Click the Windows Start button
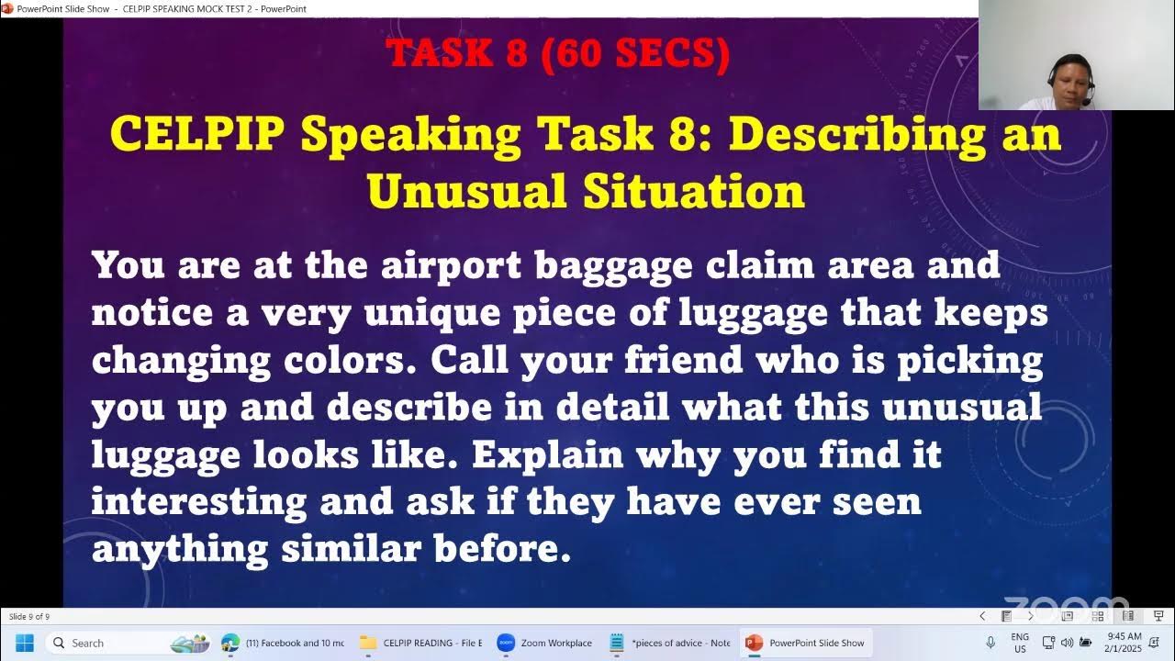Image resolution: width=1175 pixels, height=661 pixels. (25, 643)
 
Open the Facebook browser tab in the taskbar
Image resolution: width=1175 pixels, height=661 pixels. (284, 643)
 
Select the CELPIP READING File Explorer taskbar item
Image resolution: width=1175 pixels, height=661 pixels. (421, 643)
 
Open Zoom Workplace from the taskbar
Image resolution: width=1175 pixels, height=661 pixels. (545, 643)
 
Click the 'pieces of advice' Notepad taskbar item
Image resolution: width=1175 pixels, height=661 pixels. (671, 643)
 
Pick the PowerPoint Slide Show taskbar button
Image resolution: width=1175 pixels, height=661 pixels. (807, 643)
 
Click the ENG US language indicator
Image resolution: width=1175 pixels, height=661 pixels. (1020, 643)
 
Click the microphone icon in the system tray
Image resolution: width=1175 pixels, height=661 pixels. (990, 643)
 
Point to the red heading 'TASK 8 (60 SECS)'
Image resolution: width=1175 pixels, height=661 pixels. (558, 54)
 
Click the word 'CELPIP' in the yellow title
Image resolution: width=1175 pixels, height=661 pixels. (197, 135)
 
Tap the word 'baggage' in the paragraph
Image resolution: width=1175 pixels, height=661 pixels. (613, 266)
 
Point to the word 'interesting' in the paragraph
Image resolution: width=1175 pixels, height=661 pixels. (199, 501)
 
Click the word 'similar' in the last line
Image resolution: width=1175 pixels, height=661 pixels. (351, 549)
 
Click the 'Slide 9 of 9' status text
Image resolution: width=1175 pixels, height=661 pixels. (29, 617)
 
